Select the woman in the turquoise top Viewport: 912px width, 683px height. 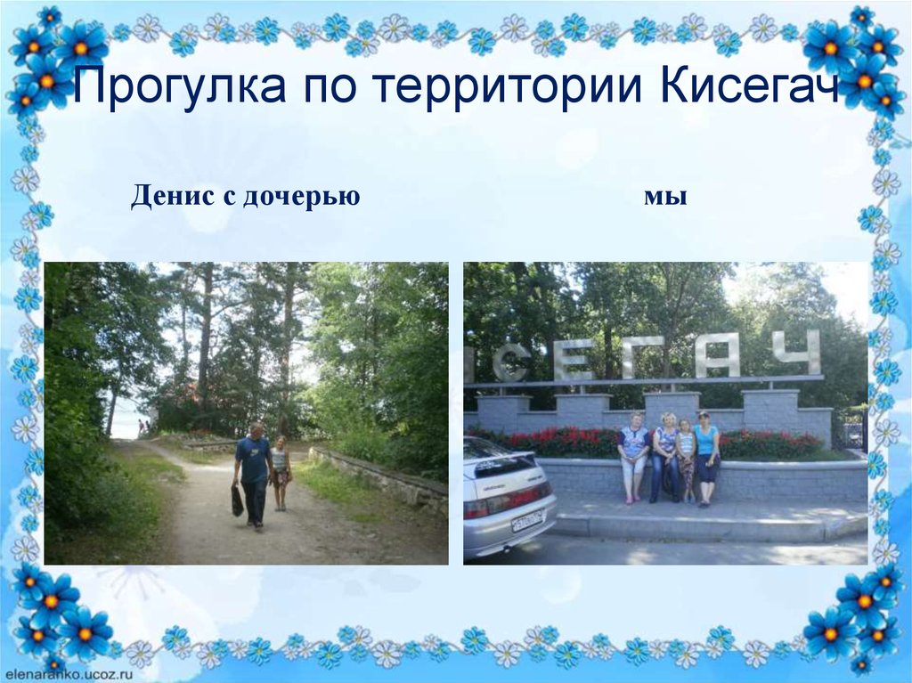[707, 455]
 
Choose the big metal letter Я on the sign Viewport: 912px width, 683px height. [718, 355]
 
